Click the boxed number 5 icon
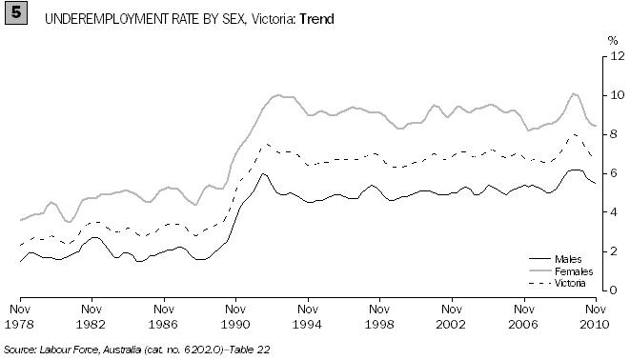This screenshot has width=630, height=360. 15,15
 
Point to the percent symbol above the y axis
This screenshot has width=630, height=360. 614,41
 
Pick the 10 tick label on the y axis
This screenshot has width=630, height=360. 617,95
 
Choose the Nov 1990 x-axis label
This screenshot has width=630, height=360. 235,315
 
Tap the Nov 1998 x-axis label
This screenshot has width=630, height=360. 379,315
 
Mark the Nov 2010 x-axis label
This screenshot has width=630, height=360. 596,315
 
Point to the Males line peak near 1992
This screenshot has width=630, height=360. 262,173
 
